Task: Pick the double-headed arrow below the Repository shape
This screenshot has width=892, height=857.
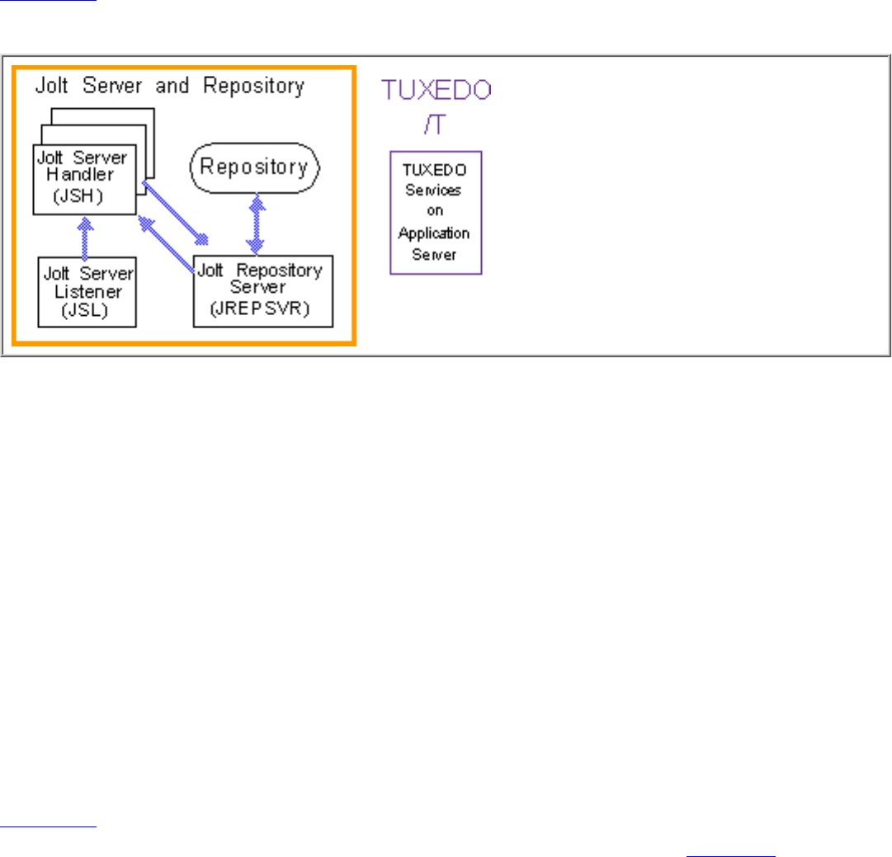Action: click(256, 224)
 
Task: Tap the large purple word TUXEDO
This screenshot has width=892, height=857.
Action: click(436, 90)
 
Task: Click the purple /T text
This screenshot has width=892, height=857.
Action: click(436, 123)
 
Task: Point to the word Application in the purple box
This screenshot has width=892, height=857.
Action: click(434, 233)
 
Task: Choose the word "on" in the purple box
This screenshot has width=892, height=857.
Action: click(436, 211)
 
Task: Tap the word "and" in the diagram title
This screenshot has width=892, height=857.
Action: click(172, 85)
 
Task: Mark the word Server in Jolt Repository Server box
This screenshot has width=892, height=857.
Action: click(258, 286)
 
